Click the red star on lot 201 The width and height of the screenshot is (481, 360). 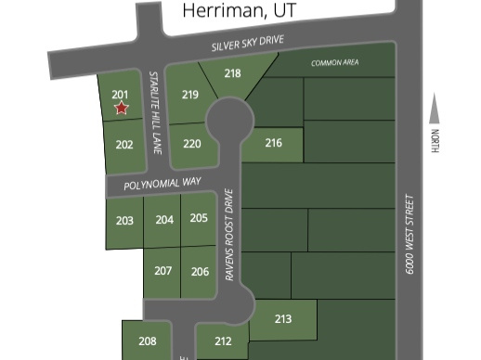121,109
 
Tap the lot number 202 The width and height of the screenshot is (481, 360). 124,145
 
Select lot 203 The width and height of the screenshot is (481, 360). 124,221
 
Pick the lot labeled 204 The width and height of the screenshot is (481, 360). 163,220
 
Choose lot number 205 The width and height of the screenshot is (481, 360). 199,217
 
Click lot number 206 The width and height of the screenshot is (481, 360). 200,272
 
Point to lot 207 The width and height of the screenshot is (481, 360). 163,271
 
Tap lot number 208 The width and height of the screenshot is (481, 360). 148,341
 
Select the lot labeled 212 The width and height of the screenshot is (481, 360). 222,341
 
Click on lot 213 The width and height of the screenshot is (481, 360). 283,319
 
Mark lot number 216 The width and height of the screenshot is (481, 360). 273,143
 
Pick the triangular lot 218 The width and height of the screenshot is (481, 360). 233,73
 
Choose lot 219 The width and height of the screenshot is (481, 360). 190,95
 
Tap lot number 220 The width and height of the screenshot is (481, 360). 192,143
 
